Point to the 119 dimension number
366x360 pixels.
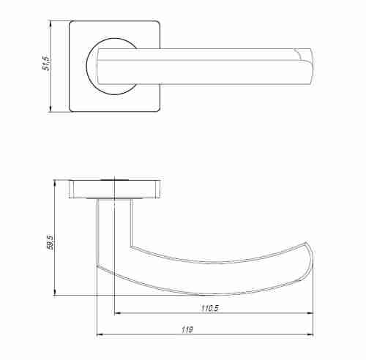pos(188,331)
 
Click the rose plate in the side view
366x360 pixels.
pos(115,189)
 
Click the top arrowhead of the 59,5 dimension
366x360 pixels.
pos(56,181)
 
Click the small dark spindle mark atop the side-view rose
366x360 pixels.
pos(113,178)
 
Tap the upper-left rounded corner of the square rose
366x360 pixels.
pos(72,24)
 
